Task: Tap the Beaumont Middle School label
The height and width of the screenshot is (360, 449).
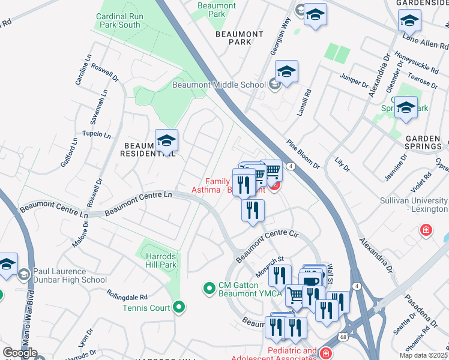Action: click(x=218, y=85)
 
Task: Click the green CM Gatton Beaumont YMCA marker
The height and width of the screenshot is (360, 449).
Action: click(x=209, y=289)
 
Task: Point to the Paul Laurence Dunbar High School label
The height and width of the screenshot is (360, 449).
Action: click(x=70, y=275)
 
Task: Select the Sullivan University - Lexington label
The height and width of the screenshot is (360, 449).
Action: click(x=414, y=205)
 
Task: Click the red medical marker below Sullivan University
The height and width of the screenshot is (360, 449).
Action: click(x=426, y=230)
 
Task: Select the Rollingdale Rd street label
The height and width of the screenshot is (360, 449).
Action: click(x=127, y=297)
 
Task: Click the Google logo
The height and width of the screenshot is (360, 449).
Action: click(x=20, y=353)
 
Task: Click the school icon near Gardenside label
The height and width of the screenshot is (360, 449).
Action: click(x=409, y=22)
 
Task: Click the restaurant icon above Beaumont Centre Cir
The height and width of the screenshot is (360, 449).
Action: click(x=253, y=210)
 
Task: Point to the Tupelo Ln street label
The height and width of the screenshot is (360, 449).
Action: click(x=97, y=134)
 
